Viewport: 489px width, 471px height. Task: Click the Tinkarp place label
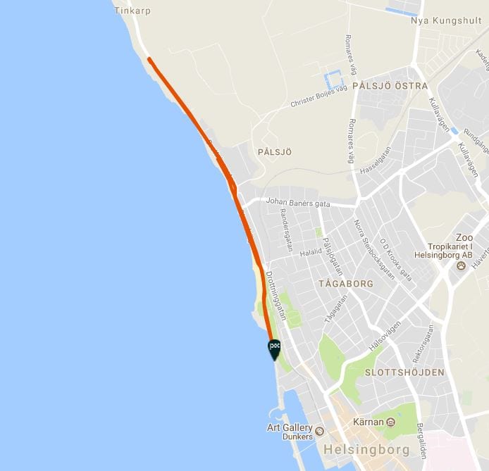click(x=132, y=11)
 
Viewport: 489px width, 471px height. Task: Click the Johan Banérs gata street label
click(x=298, y=203)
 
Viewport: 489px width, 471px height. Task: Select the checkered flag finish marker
click(x=274, y=348)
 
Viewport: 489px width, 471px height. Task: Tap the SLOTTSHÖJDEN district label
click(x=404, y=372)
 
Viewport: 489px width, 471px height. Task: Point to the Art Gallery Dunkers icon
click(x=319, y=431)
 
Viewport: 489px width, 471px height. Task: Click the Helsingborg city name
click(x=356, y=448)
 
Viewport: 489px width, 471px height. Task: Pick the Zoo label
click(x=464, y=237)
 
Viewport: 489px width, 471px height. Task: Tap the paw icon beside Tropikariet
click(x=461, y=266)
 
